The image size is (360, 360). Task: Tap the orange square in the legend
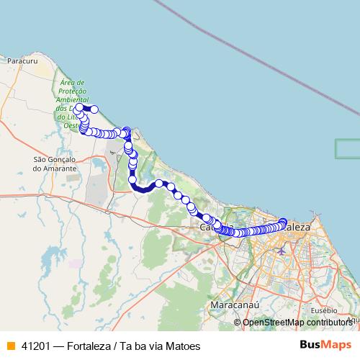10,345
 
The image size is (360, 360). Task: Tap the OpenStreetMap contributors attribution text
298,323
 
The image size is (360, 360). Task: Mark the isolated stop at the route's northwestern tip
94,109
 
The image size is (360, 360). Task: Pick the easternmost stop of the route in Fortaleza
283,222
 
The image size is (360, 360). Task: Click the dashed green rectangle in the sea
348,148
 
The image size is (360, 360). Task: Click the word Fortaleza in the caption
91,346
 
